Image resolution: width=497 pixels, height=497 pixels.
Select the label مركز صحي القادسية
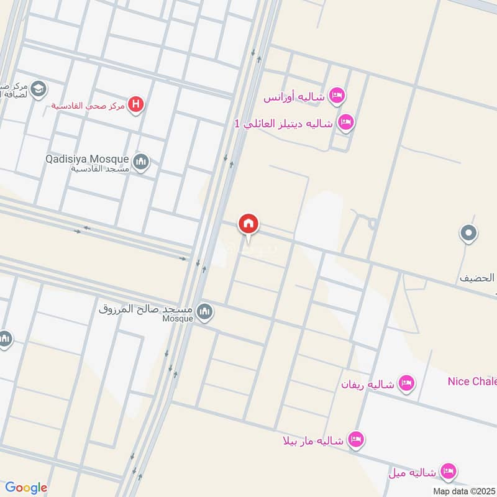88,106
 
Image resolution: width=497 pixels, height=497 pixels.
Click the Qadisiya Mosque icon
141,162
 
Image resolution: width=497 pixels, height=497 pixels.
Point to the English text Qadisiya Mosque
87,158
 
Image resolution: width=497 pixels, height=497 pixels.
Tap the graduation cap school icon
38,89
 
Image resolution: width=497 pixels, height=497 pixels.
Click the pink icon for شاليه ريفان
407,383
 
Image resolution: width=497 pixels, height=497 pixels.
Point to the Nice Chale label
472,381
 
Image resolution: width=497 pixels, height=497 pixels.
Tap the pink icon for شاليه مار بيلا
355,440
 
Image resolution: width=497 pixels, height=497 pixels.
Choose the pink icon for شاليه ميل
448,472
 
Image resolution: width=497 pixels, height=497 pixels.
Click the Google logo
26,488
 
